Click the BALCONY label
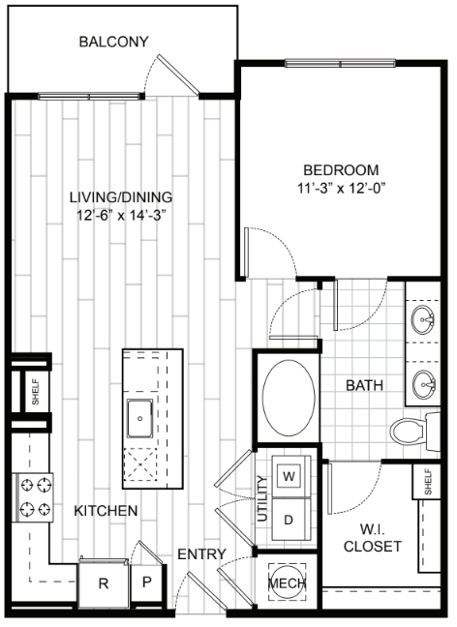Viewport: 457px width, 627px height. click(x=113, y=42)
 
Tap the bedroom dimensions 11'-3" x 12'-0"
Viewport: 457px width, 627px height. click(x=341, y=188)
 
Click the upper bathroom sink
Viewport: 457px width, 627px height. click(x=423, y=319)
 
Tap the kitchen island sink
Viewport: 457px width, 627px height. click(x=139, y=418)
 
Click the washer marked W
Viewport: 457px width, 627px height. click(x=289, y=476)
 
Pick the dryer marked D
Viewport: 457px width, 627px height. click(x=289, y=520)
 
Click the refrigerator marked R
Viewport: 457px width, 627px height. click(x=104, y=583)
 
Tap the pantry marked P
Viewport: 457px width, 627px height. click(x=147, y=582)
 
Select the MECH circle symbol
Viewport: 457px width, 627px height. click(x=288, y=583)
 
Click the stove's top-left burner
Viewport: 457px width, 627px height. click(x=27, y=486)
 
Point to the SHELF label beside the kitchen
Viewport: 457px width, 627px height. click(x=36, y=392)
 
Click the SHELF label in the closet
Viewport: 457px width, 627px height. click(x=428, y=482)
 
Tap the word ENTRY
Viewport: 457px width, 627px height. click(x=201, y=554)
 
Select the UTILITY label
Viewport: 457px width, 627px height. click(x=262, y=498)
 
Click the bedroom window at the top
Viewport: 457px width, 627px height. click(x=340, y=63)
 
